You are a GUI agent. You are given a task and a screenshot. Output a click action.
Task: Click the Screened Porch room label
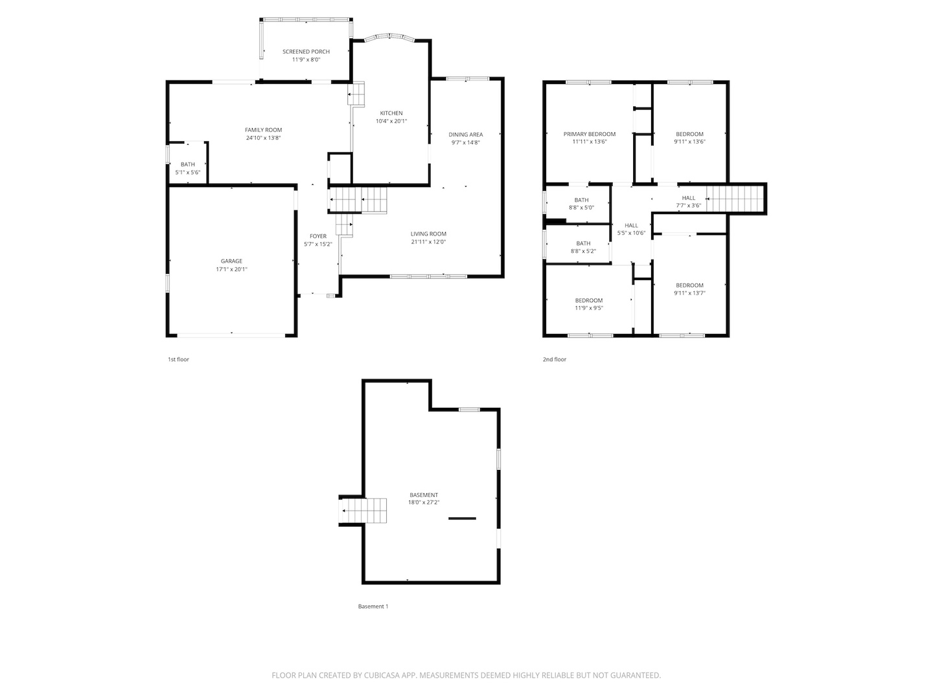[x=306, y=52]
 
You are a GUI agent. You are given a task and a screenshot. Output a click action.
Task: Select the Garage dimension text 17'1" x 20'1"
[x=231, y=269]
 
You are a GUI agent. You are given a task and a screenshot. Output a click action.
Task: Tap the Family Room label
[x=263, y=130]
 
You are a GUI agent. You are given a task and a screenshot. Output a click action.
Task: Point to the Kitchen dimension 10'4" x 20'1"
[x=391, y=121]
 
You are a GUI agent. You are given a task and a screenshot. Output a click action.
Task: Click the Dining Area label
[x=465, y=135]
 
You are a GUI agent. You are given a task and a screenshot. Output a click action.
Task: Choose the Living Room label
[x=428, y=234]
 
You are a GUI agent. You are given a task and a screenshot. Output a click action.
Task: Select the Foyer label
[x=317, y=236]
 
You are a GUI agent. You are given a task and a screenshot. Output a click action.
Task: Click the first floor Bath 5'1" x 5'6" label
[x=187, y=164]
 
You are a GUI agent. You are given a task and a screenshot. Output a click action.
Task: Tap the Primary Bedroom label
[x=589, y=134]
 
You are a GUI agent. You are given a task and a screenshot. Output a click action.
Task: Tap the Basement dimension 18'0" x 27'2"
[x=424, y=502]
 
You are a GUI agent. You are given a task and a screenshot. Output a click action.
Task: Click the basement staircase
[x=364, y=511]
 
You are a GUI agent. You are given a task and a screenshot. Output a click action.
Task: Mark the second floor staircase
[x=735, y=198]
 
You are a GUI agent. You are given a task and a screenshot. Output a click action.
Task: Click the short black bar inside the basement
[x=462, y=518]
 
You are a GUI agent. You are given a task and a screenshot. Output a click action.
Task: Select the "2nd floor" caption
[x=554, y=359]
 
